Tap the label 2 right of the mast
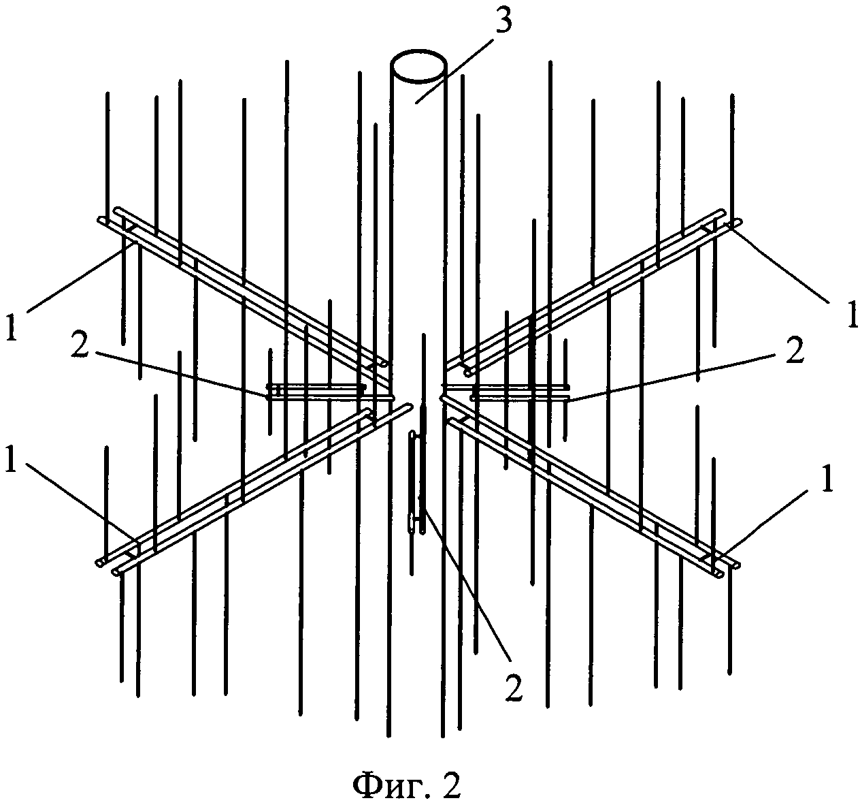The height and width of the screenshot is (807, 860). pos(793,349)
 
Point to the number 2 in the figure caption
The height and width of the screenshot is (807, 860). pos(450,786)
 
